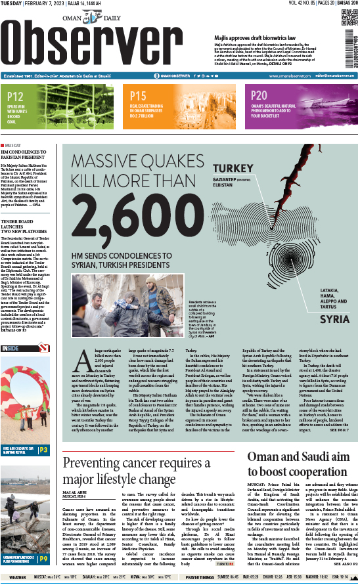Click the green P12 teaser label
(x=16, y=97)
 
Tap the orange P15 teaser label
(x=139, y=97)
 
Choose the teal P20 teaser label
(x=259, y=97)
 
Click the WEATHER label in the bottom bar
(x=18, y=578)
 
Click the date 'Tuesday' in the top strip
(x=14, y=5)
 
